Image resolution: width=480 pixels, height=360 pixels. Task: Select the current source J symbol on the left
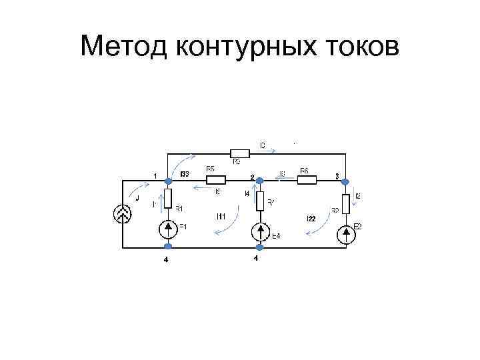(x=123, y=213)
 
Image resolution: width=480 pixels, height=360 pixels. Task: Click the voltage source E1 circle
(x=168, y=229)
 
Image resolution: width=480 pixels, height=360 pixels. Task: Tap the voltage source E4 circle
(x=260, y=232)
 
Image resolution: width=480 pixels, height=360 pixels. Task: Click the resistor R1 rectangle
(x=168, y=198)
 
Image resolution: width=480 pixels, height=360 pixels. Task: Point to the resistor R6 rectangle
(x=306, y=179)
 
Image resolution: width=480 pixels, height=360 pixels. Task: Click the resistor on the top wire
(x=239, y=153)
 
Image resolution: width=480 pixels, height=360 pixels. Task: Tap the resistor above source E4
(x=260, y=199)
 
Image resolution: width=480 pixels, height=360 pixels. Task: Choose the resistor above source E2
(x=346, y=203)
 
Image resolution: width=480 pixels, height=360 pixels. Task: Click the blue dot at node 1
(x=168, y=179)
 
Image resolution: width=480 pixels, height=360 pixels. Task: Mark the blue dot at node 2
(x=260, y=179)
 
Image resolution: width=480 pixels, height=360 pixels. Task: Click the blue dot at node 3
(x=346, y=179)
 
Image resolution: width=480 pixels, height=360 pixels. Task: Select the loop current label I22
(x=311, y=218)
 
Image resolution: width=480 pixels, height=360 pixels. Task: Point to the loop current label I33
(x=185, y=174)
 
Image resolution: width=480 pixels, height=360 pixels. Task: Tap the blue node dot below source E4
(x=260, y=248)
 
